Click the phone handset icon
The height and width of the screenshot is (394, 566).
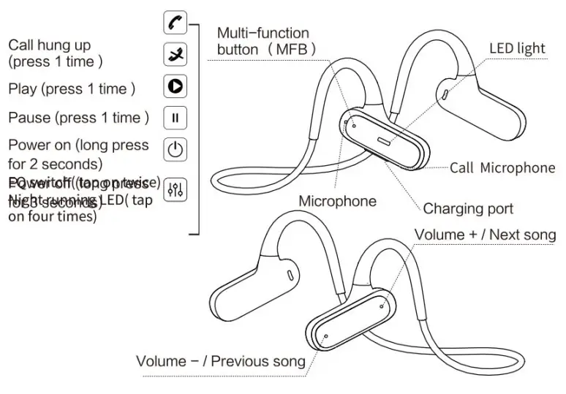click(174, 23)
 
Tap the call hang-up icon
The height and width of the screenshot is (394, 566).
click(174, 55)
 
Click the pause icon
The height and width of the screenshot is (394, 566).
click(174, 117)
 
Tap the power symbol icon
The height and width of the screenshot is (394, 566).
click(174, 150)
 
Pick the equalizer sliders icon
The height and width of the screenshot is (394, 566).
click(174, 189)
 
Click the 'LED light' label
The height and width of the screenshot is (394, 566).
click(517, 49)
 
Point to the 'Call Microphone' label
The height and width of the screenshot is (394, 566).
click(502, 168)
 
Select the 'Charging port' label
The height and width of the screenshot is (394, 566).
click(468, 209)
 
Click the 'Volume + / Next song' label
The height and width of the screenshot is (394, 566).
click(485, 235)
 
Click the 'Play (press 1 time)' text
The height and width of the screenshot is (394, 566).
click(72, 89)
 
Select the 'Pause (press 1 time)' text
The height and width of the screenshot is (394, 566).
click(78, 118)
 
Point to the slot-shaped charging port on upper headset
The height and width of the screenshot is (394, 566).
click(385, 140)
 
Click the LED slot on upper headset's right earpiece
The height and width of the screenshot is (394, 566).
click(446, 94)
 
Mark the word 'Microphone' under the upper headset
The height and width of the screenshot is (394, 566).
click(337, 201)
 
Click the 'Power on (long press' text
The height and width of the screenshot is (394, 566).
click(78, 145)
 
